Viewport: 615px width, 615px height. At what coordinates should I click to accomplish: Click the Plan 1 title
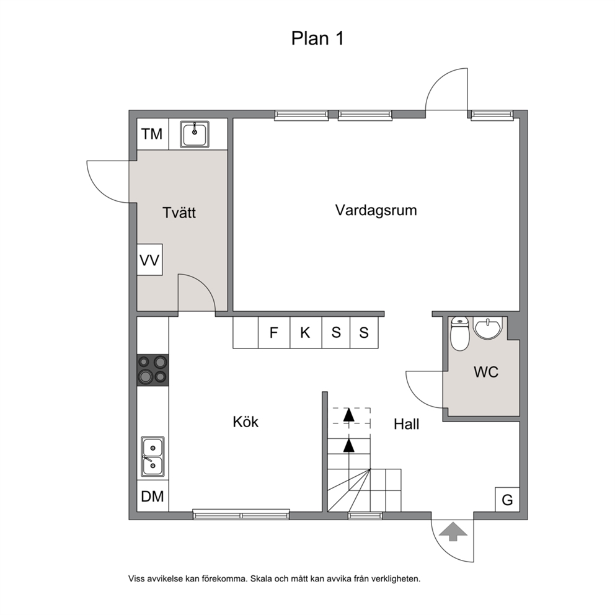(317, 38)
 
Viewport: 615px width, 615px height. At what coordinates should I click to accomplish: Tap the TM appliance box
(153, 134)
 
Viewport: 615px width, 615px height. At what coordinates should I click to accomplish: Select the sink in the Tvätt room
(195, 134)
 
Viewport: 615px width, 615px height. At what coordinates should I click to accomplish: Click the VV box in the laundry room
(149, 260)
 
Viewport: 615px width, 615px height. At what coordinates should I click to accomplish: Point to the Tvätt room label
(179, 213)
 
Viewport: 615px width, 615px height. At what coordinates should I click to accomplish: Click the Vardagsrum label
(376, 211)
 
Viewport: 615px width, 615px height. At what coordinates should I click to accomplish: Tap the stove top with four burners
(153, 370)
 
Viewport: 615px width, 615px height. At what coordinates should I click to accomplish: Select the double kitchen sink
(153, 456)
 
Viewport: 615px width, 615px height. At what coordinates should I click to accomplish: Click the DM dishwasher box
(153, 496)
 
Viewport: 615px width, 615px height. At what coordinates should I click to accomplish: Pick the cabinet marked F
(274, 332)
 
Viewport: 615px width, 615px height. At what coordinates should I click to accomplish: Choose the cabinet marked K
(306, 332)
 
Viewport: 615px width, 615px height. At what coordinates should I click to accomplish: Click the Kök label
(246, 422)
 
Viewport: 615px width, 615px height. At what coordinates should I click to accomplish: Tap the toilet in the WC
(459, 334)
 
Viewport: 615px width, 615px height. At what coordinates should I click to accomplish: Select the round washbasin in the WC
(487, 327)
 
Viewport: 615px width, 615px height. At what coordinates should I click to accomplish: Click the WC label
(486, 372)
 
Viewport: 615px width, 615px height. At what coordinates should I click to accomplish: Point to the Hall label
(406, 424)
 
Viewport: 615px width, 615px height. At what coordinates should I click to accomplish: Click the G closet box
(508, 500)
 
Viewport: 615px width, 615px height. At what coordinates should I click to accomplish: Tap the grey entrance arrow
(453, 532)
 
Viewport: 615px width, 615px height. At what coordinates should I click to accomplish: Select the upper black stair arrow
(348, 415)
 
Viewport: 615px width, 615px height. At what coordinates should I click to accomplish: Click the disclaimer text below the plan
(274, 578)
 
